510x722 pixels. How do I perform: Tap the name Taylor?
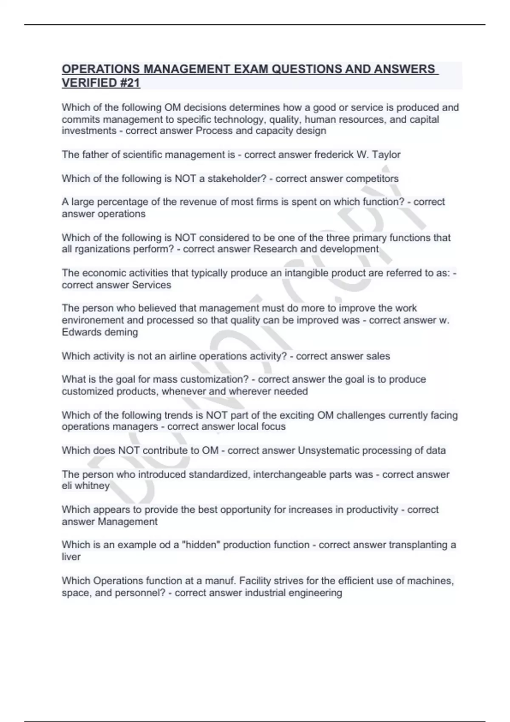[386, 155]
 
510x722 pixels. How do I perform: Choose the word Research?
[275, 249]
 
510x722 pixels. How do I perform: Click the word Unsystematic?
[327, 451]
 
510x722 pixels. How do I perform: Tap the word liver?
[71, 557]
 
